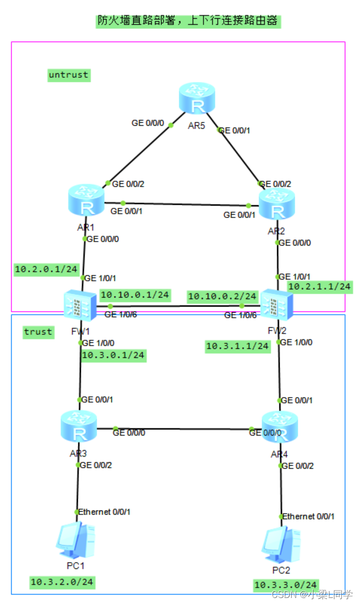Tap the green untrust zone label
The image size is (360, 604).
[68, 75]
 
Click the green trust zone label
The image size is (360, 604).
[38, 332]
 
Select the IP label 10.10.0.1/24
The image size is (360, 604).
[135, 295]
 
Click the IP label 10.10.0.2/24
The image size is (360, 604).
[222, 296]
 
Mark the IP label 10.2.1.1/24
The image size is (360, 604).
[319, 286]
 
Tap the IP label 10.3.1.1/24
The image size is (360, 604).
[237, 347]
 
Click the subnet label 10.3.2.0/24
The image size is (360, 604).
[62, 582]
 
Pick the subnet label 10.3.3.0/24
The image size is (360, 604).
[286, 585]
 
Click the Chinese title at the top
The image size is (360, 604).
[187, 21]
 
